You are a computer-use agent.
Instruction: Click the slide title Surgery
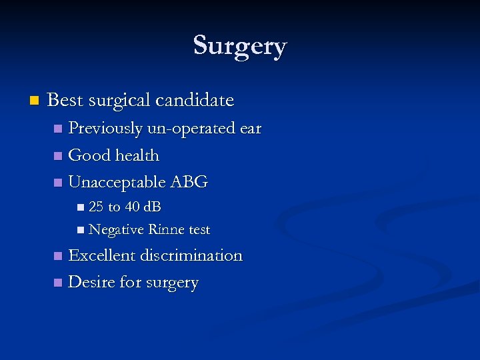tap(240, 46)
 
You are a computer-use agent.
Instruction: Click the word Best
tap(65, 101)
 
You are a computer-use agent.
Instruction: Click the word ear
tap(251, 128)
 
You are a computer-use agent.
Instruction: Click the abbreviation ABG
tap(189, 182)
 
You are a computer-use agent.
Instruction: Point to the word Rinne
tap(167, 230)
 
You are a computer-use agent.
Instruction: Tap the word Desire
tap(91, 283)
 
